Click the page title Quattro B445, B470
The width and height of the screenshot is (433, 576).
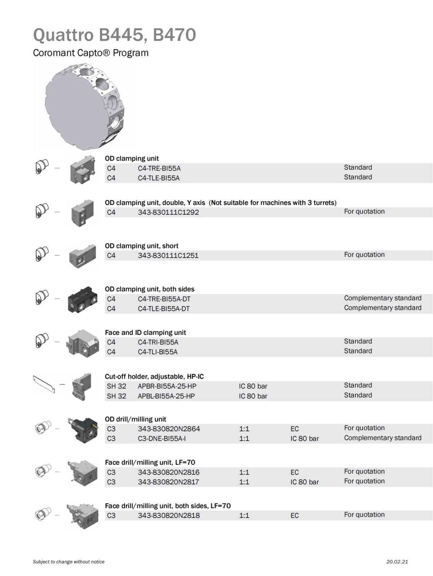[x=114, y=35]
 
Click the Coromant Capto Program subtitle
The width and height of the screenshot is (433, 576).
[x=91, y=53]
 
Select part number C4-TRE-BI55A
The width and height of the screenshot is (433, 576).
[x=159, y=168]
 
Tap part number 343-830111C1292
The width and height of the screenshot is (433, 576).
[x=168, y=212]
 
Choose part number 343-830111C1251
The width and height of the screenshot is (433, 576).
[x=168, y=256]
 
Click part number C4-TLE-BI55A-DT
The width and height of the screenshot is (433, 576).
[x=163, y=309]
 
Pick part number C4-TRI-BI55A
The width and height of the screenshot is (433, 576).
[x=158, y=342]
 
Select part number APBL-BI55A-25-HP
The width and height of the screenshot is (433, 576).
[x=166, y=396]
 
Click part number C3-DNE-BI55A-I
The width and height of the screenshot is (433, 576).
[x=162, y=438]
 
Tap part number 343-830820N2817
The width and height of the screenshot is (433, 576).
[x=168, y=482]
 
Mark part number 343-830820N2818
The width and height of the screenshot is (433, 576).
[x=169, y=515]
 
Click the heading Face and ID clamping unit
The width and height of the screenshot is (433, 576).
[x=145, y=332]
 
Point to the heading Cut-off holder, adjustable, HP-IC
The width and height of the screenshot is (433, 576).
[x=154, y=376]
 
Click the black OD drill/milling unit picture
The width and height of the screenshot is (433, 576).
[x=83, y=429]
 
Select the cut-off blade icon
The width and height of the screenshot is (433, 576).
[x=44, y=384]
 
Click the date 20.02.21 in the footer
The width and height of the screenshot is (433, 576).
[x=397, y=562]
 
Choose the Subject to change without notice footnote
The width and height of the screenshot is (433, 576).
[x=69, y=562]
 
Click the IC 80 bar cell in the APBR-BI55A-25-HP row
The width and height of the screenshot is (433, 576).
[x=253, y=386]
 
